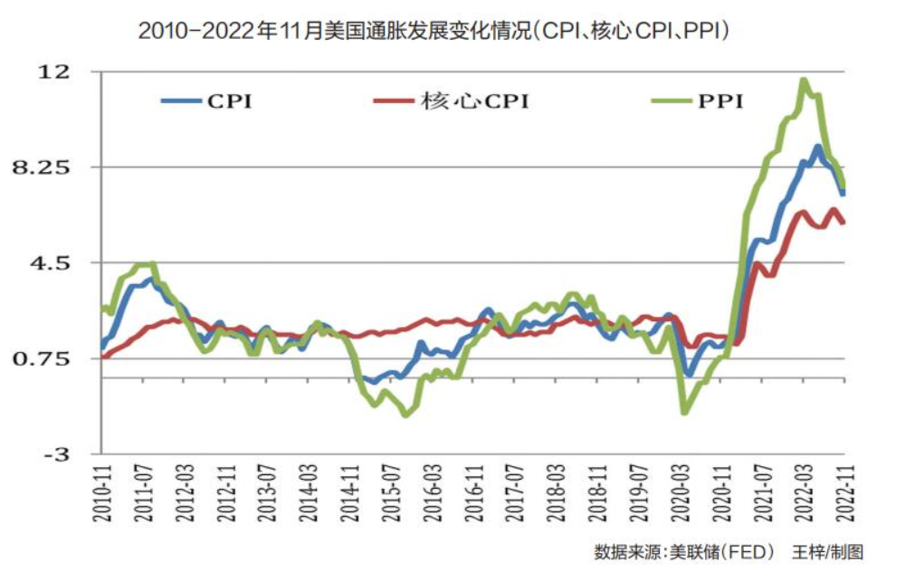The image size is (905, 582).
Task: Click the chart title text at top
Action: pos(433,31)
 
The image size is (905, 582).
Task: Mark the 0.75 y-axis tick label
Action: pos(50,359)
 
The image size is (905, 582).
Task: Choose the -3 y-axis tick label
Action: pos(56,454)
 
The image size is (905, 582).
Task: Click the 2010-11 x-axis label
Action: pos(100,492)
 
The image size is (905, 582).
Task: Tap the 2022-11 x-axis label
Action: pos(844,492)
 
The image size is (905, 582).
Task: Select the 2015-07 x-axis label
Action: pos(390,492)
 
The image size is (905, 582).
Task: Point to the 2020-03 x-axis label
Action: pos(679,492)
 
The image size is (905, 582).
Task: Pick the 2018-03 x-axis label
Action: pos(556,492)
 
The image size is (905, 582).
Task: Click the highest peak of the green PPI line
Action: pos(803,81)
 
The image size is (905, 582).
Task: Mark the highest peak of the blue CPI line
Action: pos(818,147)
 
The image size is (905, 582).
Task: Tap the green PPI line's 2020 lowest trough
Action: pos(684,413)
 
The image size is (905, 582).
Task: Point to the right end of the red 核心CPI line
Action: pos(843,223)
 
